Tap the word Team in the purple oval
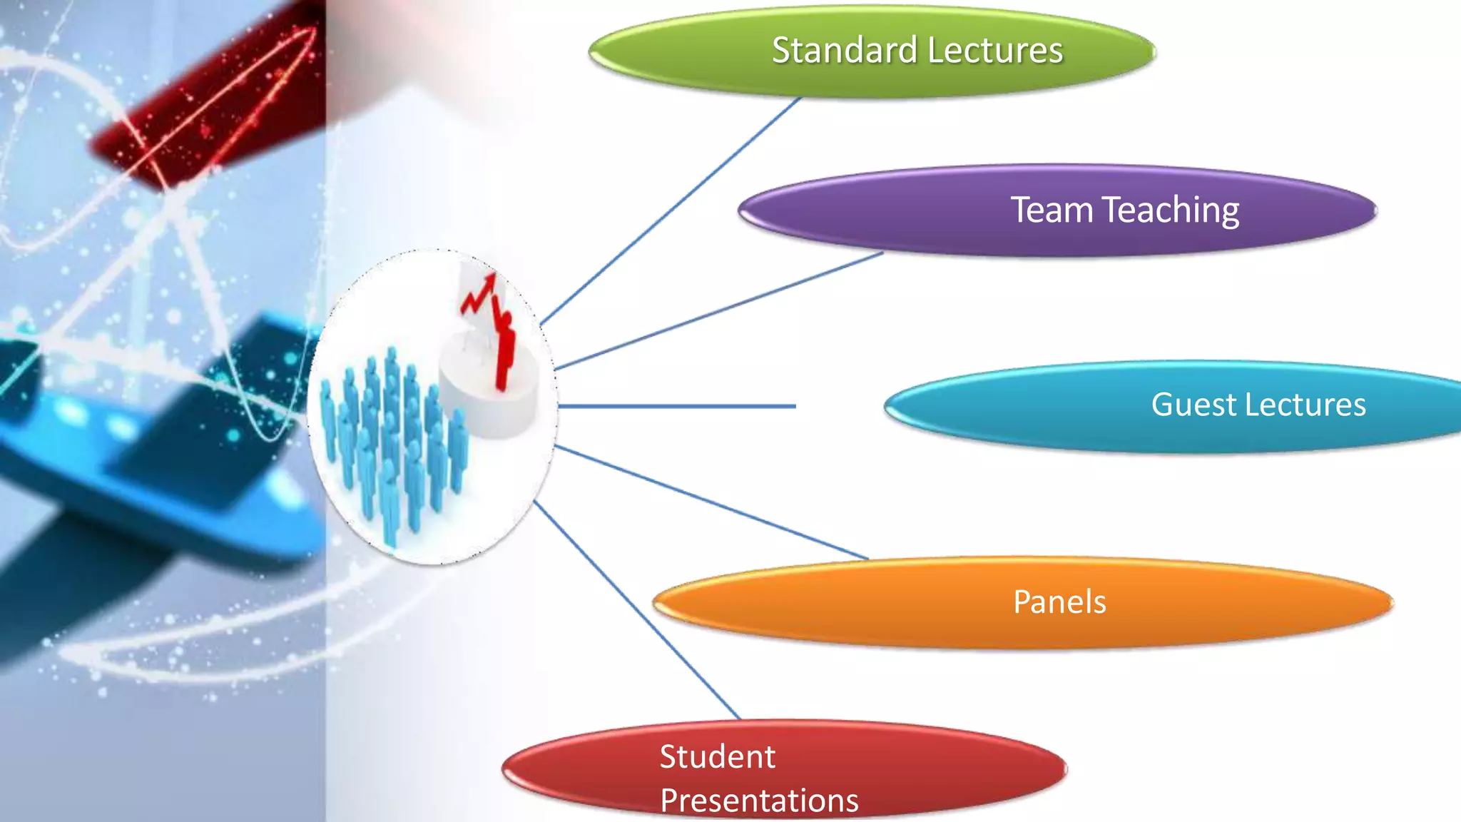tap(1052, 210)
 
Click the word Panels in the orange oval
tap(1059, 602)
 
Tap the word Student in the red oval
tap(717, 756)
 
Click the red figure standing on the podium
tap(504, 350)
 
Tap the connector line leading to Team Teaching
tap(721, 310)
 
